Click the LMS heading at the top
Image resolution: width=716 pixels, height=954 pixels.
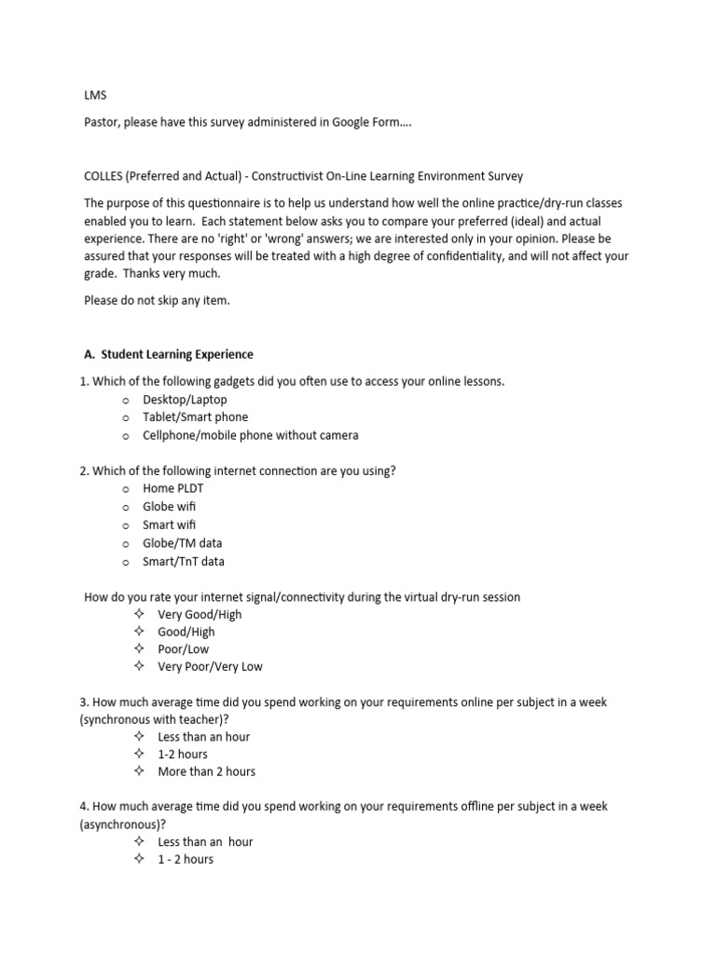click(95, 94)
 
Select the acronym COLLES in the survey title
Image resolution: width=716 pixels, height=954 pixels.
click(104, 176)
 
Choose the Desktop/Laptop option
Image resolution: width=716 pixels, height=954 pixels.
click(185, 400)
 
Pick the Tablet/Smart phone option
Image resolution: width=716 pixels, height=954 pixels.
click(195, 417)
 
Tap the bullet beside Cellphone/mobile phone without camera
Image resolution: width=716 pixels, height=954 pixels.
click(126, 436)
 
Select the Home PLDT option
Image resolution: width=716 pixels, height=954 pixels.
click(172, 488)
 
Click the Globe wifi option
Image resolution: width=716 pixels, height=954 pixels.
click(169, 507)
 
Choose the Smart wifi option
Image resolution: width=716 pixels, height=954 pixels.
click(169, 525)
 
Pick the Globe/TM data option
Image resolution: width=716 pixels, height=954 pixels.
click(182, 543)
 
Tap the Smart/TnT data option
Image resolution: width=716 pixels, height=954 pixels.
click(183, 562)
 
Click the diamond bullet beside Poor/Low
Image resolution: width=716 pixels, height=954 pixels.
click(139, 648)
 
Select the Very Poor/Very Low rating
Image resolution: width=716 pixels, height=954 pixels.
click(210, 666)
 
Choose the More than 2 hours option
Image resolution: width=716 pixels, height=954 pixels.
click(206, 771)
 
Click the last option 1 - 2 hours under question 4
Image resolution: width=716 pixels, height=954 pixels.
click(185, 859)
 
